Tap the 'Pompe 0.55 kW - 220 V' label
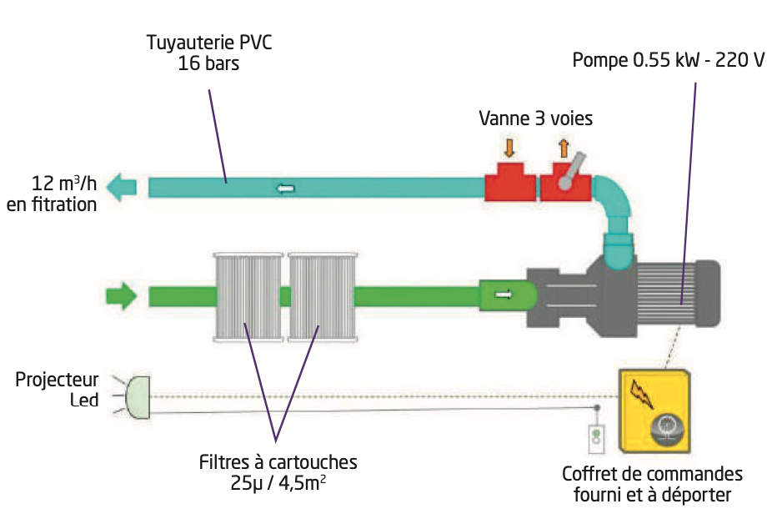[x=668, y=62]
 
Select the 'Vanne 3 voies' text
[x=535, y=118]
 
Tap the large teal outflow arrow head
[x=124, y=187]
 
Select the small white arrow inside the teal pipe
[x=285, y=188]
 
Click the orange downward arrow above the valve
[x=509, y=148]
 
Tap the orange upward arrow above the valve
[x=564, y=148]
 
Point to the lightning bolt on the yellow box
[x=643, y=391]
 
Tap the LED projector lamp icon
[x=137, y=396]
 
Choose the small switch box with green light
[x=594, y=437]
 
